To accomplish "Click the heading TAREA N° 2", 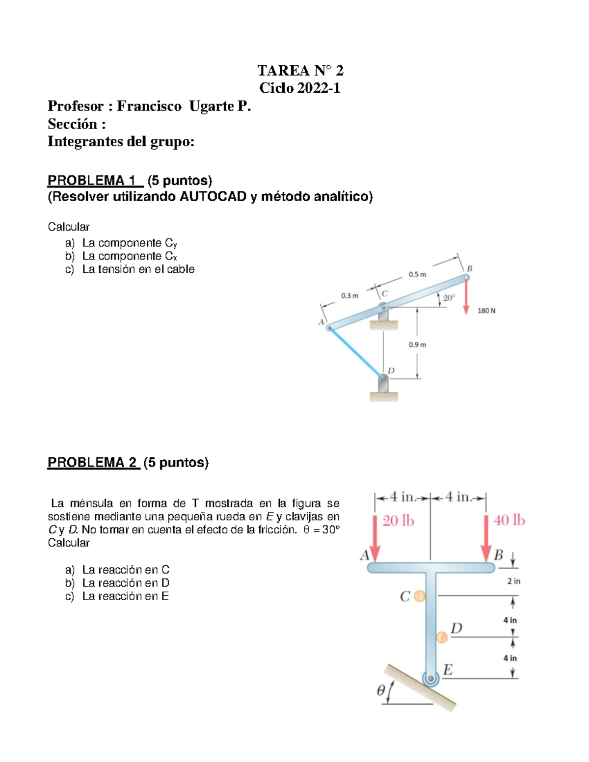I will pyautogui.click(x=300, y=71).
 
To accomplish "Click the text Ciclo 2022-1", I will pyautogui.click(x=300, y=88).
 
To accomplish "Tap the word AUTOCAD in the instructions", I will pyautogui.click(x=213, y=197).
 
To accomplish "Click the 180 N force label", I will pyautogui.click(x=486, y=311).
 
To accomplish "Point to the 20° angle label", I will pyautogui.click(x=449, y=298).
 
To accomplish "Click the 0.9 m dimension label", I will pyautogui.click(x=417, y=345).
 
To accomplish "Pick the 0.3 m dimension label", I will pyautogui.click(x=349, y=296).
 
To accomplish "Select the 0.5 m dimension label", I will pyautogui.click(x=417, y=275).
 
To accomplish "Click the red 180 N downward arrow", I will pyautogui.click(x=467, y=297).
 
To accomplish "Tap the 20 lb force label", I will pyautogui.click(x=398, y=521).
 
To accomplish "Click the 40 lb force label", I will pyautogui.click(x=509, y=520).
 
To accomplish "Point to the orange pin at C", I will pyautogui.click(x=419, y=596).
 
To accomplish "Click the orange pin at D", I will pyautogui.click(x=442, y=637).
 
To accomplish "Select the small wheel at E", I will pyautogui.click(x=430, y=679).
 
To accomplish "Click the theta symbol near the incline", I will pyautogui.click(x=380, y=690).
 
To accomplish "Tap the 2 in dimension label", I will pyautogui.click(x=513, y=581).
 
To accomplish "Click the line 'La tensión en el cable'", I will pyautogui.click(x=138, y=269).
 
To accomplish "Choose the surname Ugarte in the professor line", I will pyautogui.click(x=212, y=106).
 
